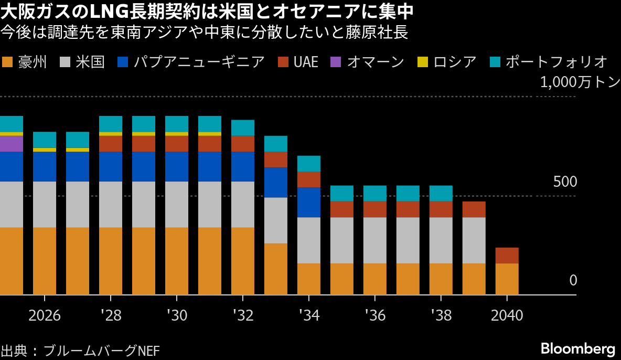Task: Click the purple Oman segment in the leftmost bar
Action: (11, 144)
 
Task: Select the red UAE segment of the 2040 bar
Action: (507, 256)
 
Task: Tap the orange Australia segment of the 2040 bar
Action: (507, 279)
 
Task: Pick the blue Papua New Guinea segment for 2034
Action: (308, 202)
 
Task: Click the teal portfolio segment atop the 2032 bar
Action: (243, 128)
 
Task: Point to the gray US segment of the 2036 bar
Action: (374, 240)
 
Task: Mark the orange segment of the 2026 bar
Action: (45, 261)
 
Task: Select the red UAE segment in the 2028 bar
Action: (111, 144)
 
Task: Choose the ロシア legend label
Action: (455, 62)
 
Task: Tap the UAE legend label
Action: (306, 62)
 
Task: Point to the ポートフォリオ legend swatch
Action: (495, 62)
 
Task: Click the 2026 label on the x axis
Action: (45, 315)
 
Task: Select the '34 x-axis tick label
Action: (308, 315)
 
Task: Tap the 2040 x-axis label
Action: (507, 315)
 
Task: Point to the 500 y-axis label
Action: (565, 182)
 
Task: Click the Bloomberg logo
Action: (577, 348)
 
